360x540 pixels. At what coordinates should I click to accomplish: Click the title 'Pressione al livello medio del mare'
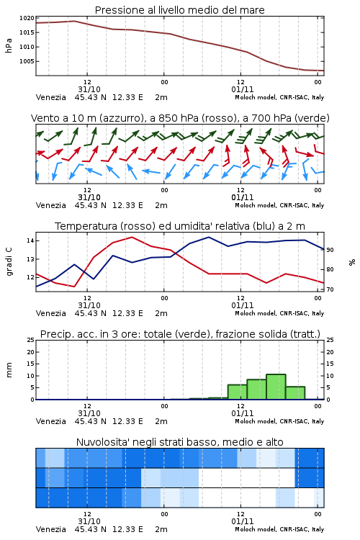[179, 10]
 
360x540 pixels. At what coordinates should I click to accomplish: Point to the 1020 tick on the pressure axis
[27, 18]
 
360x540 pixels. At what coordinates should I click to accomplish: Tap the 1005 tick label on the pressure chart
[27, 61]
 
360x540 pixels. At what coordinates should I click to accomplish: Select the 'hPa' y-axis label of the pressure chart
[9, 45]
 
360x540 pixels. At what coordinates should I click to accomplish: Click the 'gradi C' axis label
[9, 261]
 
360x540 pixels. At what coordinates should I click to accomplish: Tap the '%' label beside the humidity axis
[352, 262]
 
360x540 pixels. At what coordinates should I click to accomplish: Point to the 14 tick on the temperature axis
[30, 240]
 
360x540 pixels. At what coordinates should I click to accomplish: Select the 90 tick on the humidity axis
[330, 250]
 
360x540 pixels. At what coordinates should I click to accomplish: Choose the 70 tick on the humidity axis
[330, 289]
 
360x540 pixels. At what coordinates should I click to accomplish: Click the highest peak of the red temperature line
[132, 237]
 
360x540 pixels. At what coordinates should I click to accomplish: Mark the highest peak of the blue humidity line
[209, 237]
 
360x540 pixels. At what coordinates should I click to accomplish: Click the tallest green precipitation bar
[276, 387]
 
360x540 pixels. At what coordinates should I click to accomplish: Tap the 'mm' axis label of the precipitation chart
[9, 370]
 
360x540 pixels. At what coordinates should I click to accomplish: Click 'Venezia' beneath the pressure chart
[51, 97]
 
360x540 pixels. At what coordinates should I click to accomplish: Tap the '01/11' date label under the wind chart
[243, 197]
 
